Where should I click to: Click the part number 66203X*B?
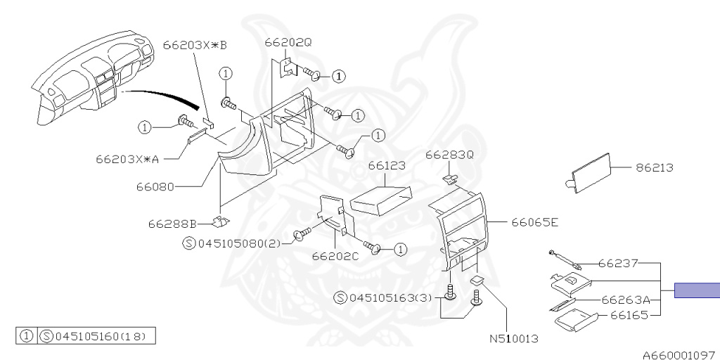pyautogui.click(x=195, y=46)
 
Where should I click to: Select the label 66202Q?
pyautogui.click(x=288, y=42)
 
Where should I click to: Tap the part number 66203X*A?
pyautogui.click(x=127, y=160)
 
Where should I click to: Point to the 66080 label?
pyautogui.click(x=155, y=187)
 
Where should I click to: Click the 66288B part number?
pyautogui.click(x=172, y=224)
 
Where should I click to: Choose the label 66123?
pyautogui.click(x=387, y=165)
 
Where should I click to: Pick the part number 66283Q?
pyautogui.click(x=449, y=155)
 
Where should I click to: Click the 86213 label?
pyautogui.click(x=655, y=167)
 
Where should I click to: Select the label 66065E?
pyautogui.click(x=535, y=223)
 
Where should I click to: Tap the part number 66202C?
pyautogui.click(x=335, y=256)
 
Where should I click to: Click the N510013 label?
pyautogui.click(x=513, y=340)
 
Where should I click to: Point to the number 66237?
pyautogui.click(x=618, y=264)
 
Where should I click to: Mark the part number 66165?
pyautogui.click(x=629, y=316)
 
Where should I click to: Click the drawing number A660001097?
pyautogui.click(x=681, y=355)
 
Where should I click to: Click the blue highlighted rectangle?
pyautogui.click(x=697, y=290)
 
